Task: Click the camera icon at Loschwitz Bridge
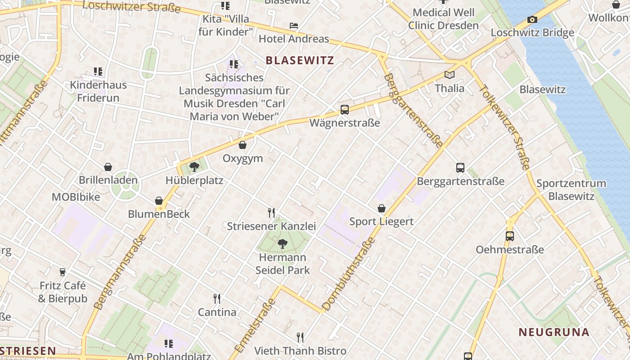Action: pyautogui.click(x=532, y=20)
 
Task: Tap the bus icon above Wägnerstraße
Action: pyautogui.click(x=345, y=109)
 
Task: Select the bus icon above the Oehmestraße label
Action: pyautogui.click(x=509, y=236)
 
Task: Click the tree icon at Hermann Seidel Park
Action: pyautogui.click(x=283, y=244)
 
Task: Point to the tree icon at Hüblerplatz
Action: pyautogui.click(x=194, y=167)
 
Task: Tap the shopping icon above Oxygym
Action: pyautogui.click(x=243, y=145)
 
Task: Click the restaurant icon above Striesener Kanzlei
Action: pyautogui.click(x=271, y=212)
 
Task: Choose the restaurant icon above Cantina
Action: pyautogui.click(x=217, y=298)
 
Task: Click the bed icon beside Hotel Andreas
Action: pyautogui.click(x=294, y=26)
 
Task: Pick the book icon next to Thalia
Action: pyautogui.click(x=449, y=75)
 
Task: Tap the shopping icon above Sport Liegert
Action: pyautogui.click(x=381, y=208)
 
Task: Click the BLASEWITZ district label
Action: pyautogui.click(x=300, y=60)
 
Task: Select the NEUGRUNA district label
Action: pyautogui.click(x=553, y=332)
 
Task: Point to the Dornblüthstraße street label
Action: pyautogui.click(x=349, y=274)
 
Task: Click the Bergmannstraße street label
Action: pyautogui.click(x=120, y=272)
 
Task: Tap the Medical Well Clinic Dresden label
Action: pyautogui.click(x=443, y=19)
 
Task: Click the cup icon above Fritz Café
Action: pyautogui.click(x=63, y=272)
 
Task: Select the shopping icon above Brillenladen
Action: pyautogui.click(x=108, y=167)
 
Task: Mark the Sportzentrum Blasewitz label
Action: pyautogui.click(x=571, y=190)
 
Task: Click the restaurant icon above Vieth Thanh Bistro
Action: pyautogui.click(x=300, y=337)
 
